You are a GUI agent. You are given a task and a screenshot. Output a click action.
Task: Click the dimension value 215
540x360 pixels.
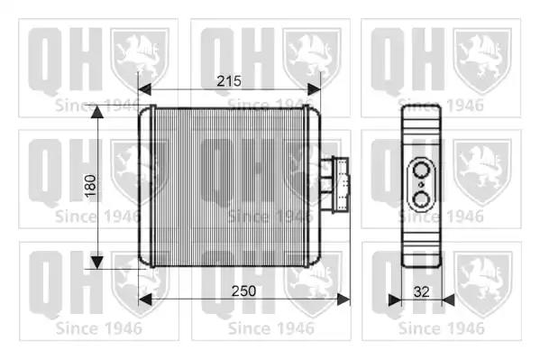pyautogui.click(x=229, y=81)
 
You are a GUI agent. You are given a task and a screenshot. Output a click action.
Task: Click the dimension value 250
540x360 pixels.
pyautogui.click(x=243, y=291)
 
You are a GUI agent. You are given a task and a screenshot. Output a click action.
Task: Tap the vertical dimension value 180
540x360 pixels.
pyautogui.click(x=90, y=186)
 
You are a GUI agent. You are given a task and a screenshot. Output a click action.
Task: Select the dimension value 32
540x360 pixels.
pyautogui.click(x=422, y=292)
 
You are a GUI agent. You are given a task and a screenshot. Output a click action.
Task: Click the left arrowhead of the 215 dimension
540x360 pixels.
pyautogui.click(x=144, y=89)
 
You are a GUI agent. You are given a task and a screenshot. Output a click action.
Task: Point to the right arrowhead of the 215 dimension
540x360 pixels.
pyautogui.click(x=314, y=89)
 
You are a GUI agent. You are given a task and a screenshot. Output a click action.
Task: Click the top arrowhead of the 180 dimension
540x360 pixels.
pyautogui.click(x=97, y=112)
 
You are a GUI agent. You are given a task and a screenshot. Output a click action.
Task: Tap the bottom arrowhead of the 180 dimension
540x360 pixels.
pyautogui.click(x=97, y=263)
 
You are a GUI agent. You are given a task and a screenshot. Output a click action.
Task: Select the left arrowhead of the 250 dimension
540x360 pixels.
pyautogui.click(x=145, y=300)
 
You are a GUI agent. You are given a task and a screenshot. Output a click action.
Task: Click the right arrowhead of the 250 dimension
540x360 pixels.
pyautogui.click(x=343, y=300)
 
